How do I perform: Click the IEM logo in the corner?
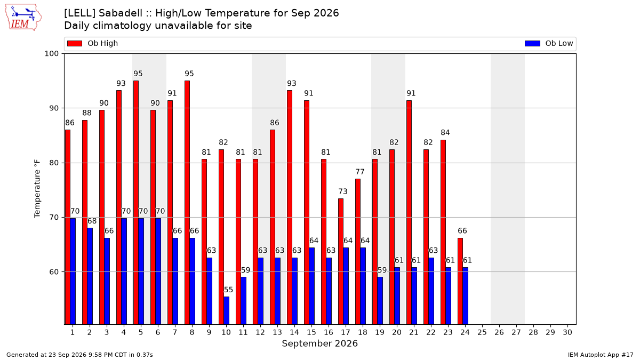coord(23,18)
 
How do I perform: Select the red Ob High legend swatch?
coord(75,43)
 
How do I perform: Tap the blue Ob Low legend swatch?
coord(532,43)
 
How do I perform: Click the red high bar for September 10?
coord(221,237)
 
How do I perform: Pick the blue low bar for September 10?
coord(226,310)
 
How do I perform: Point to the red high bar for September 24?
coord(460,281)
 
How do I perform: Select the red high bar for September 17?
coord(341,261)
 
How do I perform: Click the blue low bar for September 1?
coord(73,271)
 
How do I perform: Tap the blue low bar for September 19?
coord(380,301)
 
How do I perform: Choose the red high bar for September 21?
coord(409,212)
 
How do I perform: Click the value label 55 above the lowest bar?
coord(228,290)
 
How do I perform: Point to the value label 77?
coord(359,172)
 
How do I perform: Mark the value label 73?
coord(343,191)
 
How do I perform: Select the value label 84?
coord(445,133)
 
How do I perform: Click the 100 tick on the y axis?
coord(51,54)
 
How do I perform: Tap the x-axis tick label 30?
coord(567,332)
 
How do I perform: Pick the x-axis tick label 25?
coord(482,332)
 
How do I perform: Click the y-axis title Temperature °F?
coord(37,189)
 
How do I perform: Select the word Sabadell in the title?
coord(121,13)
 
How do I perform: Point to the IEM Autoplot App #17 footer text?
coord(601,355)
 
